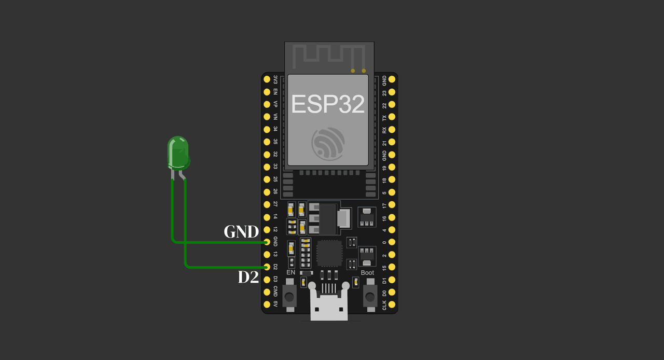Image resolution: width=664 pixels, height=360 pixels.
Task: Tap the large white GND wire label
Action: (241, 232)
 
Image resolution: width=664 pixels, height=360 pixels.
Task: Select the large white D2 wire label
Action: (248, 278)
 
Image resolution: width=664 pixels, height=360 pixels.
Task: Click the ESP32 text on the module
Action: (328, 104)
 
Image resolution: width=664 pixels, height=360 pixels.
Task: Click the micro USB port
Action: (329, 304)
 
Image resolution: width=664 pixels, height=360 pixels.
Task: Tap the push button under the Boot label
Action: (370, 296)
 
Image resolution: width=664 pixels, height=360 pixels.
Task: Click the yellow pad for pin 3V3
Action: (267, 79)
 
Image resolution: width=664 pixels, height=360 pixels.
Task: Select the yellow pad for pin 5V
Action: (267, 304)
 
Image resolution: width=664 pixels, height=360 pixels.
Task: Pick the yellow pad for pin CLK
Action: (392, 304)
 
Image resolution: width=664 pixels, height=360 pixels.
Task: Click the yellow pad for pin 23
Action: (392, 92)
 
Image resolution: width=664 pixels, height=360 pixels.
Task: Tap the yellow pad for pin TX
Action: (392, 117)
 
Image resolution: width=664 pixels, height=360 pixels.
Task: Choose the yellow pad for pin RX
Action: (392, 129)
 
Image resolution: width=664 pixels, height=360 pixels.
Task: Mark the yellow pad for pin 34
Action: (267, 129)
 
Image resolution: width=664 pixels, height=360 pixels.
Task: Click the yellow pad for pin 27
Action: (267, 204)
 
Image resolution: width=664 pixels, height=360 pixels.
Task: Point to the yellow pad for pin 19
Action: (392, 167)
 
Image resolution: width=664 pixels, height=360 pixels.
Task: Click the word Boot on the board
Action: (367, 272)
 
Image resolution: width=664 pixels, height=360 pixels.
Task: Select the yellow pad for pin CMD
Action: (267, 292)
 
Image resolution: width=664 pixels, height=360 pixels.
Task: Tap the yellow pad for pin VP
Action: (267, 104)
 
